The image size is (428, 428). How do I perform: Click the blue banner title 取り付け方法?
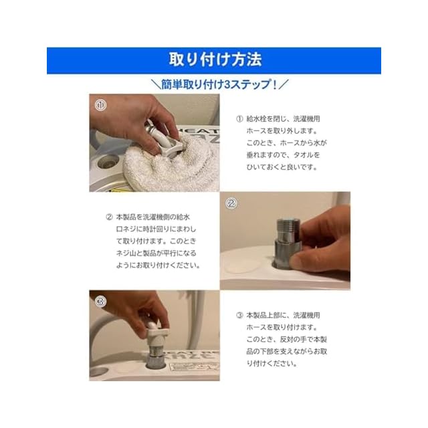pyautogui.click(x=215, y=60)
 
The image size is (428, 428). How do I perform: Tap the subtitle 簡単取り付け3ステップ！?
pyautogui.click(x=219, y=84)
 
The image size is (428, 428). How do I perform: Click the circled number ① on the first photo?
pyautogui.click(x=100, y=105)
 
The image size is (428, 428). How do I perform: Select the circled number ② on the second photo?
pyautogui.click(x=231, y=203)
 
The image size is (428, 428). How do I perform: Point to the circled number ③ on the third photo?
pyautogui.click(x=100, y=302)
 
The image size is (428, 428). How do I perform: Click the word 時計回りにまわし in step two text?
pyautogui.click(x=169, y=229)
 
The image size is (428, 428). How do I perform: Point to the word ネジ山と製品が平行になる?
pyautogui.click(x=156, y=253)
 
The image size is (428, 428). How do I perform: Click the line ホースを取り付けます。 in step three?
pyautogui.click(x=282, y=327)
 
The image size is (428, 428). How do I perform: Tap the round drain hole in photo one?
pyautogui.click(x=108, y=162)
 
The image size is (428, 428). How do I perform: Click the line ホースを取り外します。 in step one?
pyautogui.click(x=282, y=131)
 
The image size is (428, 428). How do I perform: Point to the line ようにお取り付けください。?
pyautogui.click(x=158, y=265)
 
